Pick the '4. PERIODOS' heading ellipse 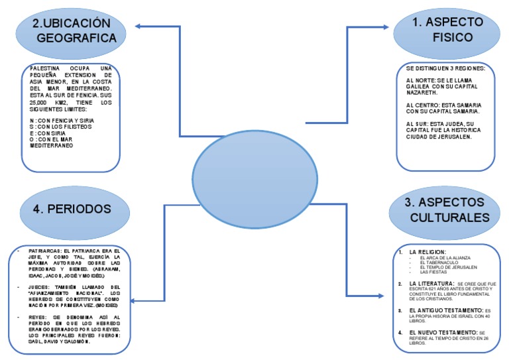tap(72, 209)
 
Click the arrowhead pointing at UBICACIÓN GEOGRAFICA tap(139, 27)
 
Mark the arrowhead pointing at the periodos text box tap(133, 302)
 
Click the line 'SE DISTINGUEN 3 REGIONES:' tap(445, 70)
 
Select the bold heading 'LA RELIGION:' tap(427, 252)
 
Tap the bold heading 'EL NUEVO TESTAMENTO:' tap(443, 331)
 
